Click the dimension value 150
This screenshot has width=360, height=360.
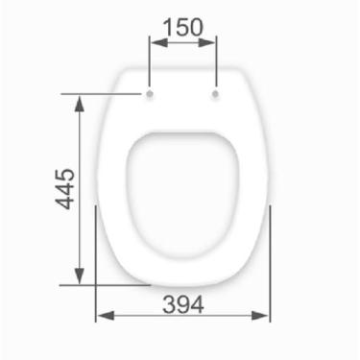tap(182, 27)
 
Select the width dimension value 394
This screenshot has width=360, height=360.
tap(182, 304)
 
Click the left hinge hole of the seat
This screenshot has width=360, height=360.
tap(150, 95)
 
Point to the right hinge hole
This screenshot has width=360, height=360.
tap(215, 95)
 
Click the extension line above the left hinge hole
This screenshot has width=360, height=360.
tap(150, 62)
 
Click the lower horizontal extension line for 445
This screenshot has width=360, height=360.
tap(106, 284)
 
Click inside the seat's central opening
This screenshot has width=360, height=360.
tap(182, 182)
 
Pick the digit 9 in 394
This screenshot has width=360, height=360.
tap(182, 304)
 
